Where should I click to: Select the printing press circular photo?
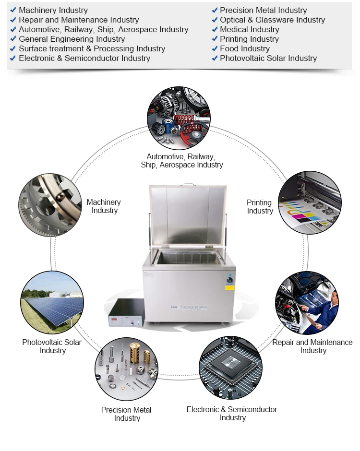point(310,202)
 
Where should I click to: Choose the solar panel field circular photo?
point(52,302)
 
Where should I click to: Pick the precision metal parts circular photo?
point(127,369)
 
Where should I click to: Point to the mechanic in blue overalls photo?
point(307,303)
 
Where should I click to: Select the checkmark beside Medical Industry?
point(215,29)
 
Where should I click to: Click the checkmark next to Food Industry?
point(215,48)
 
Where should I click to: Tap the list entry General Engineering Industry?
point(72,39)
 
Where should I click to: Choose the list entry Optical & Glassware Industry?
point(272,20)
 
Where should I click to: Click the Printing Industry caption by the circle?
point(260,207)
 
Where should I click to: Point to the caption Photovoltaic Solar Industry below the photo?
point(52,346)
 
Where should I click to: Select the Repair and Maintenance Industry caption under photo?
point(312,346)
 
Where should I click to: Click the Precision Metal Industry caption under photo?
point(127,414)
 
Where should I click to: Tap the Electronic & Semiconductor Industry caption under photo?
point(232,414)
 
